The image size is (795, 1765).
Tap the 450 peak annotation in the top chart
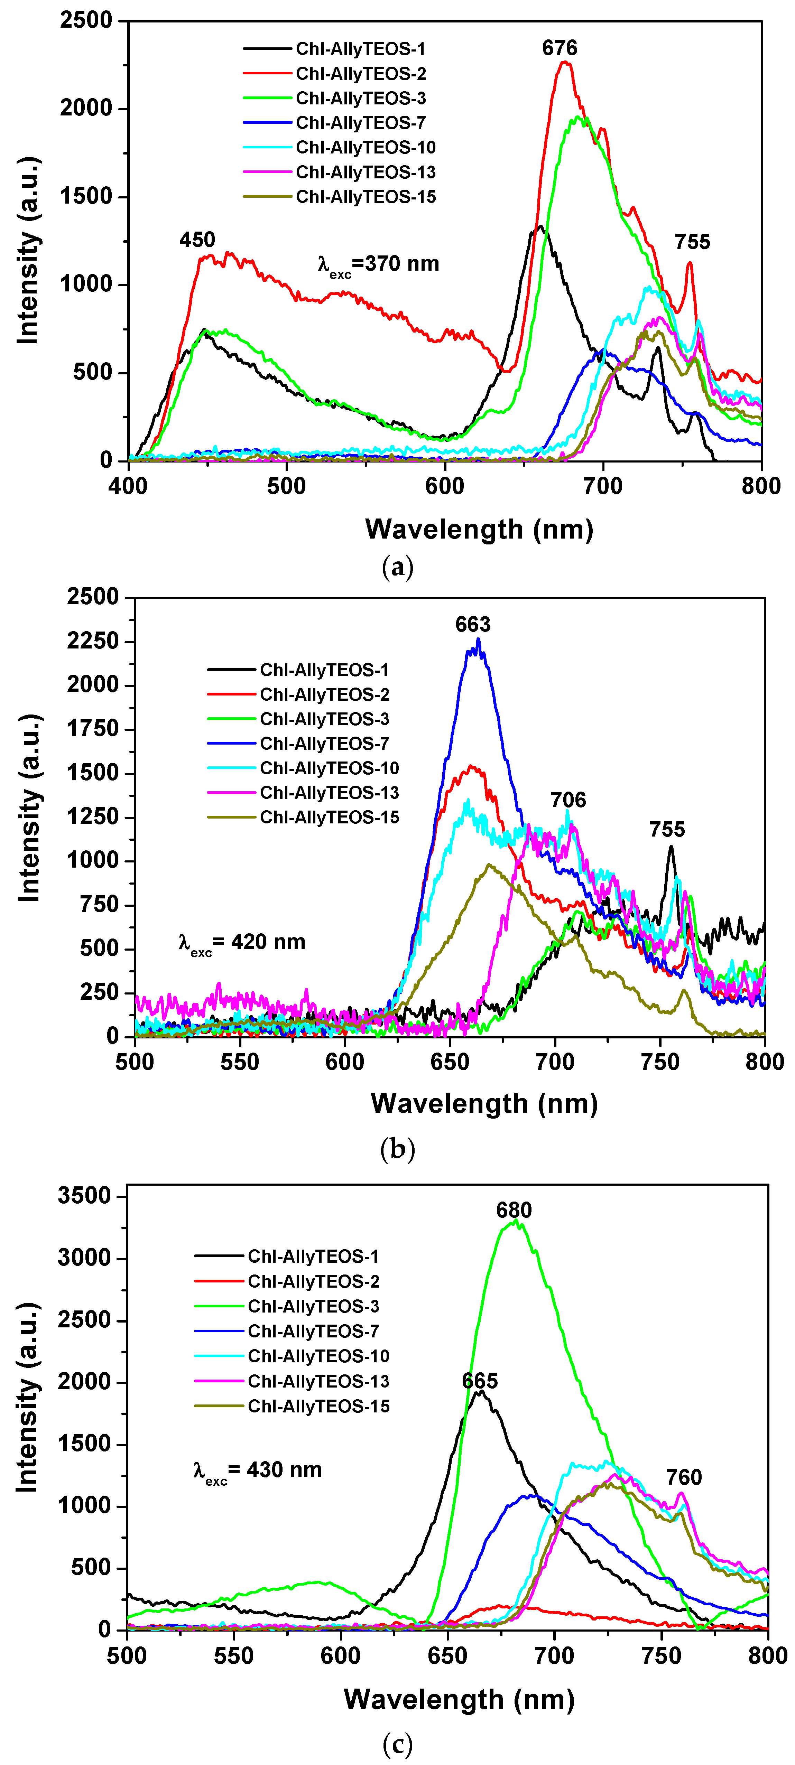click(x=197, y=240)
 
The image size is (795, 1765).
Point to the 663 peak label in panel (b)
click(x=473, y=624)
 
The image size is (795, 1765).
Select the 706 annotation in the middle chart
click(x=568, y=800)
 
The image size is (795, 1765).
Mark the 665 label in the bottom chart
click(x=480, y=1381)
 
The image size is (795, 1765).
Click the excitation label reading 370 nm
click(x=378, y=264)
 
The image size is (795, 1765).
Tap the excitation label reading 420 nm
click(x=242, y=943)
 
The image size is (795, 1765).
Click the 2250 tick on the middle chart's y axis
click(x=93, y=641)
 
